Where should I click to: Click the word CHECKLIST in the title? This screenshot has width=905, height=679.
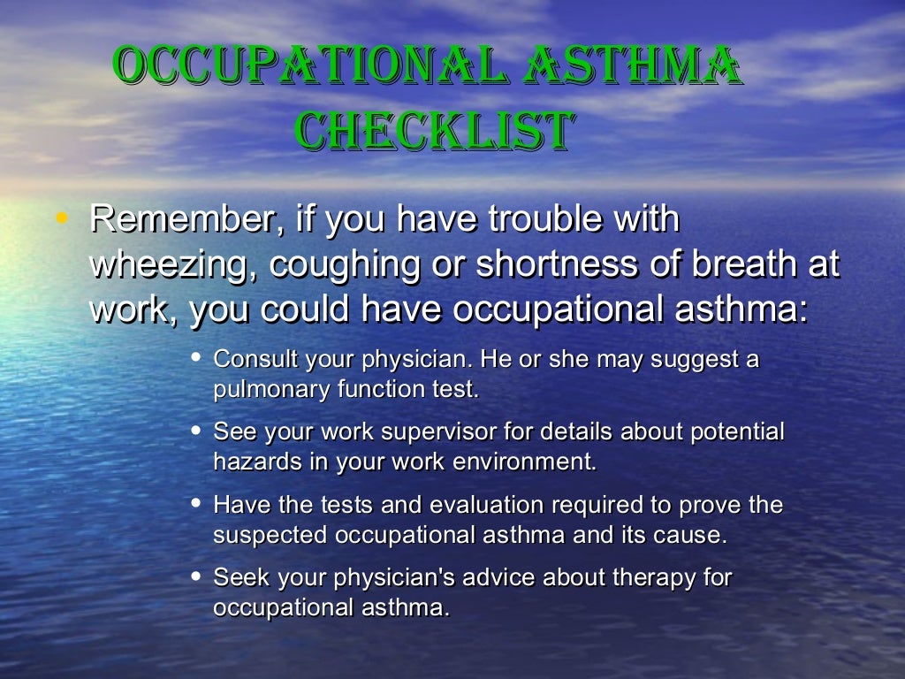(433, 131)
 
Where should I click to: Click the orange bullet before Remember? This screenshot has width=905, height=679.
(60, 217)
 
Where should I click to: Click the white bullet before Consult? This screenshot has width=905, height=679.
(196, 358)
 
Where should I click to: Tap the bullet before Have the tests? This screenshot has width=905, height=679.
(196, 503)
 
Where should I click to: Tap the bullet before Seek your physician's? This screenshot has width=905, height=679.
(196, 576)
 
